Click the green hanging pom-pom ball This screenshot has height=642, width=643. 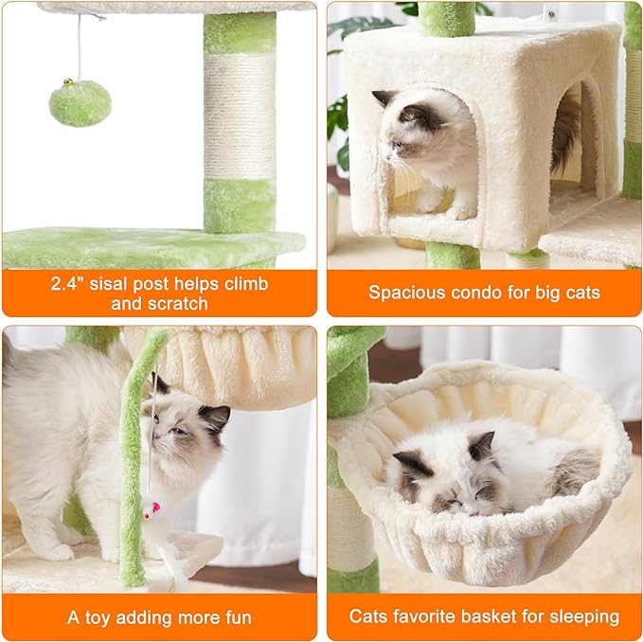click(x=80, y=103)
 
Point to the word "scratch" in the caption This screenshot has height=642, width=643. click(x=175, y=304)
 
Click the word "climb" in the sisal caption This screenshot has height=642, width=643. click(x=243, y=284)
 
